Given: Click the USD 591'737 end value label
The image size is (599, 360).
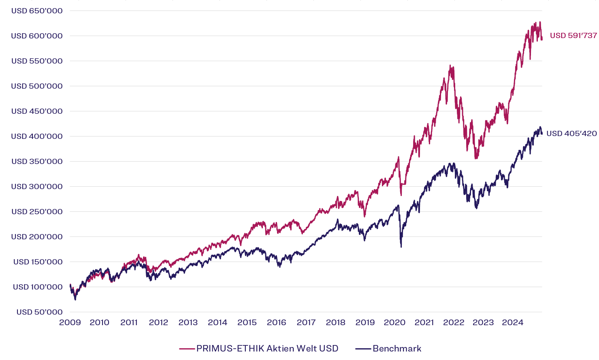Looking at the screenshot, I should (x=573, y=36).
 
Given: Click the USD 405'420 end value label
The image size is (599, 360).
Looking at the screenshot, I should (x=571, y=134).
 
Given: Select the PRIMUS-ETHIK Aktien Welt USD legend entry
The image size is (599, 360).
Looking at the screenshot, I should (x=267, y=349).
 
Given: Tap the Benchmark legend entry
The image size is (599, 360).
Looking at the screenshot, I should (x=397, y=349).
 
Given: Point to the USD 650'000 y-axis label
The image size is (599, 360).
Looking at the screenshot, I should (x=37, y=11).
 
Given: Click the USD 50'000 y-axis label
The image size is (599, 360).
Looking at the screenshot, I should (x=39, y=312).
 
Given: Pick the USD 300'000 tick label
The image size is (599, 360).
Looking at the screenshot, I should (x=37, y=187).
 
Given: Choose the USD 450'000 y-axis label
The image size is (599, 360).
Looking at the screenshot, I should (x=37, y=111).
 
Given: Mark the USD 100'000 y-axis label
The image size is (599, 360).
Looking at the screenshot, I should (x=38, y=287).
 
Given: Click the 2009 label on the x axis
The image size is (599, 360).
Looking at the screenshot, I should (x=70, y=323).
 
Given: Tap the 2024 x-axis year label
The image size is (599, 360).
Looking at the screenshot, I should (x=513, y=323).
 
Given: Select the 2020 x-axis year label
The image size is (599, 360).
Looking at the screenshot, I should (x=394, y=323).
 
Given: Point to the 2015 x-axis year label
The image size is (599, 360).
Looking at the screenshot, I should (x=247, y=323).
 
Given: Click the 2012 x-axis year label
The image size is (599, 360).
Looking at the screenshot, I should (x=158, y=323).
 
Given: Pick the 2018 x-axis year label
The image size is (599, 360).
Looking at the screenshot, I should (x=336, y=323).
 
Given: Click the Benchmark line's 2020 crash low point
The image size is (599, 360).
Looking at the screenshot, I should (x=401, y=247).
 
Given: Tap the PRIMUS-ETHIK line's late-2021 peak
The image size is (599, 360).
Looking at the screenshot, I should (x=450, y=66).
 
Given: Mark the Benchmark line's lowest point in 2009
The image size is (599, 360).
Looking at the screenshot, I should (x=75, y=300).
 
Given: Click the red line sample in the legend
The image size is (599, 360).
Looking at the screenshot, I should (x=187, y=349).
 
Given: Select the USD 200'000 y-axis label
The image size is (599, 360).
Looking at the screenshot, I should (x=37, y=237).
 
